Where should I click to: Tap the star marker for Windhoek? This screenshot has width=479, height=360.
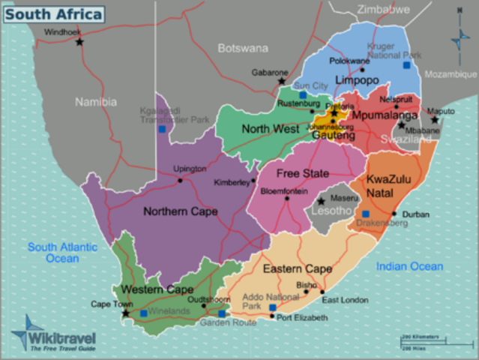click(x=80, y=42)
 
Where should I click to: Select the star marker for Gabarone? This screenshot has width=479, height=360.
click(x=282, y=81)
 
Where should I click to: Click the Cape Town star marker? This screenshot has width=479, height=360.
click(x=125, y=313)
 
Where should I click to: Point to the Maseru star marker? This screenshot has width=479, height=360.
click(x=321, y=201)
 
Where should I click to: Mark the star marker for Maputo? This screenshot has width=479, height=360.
click(x=434, y=119)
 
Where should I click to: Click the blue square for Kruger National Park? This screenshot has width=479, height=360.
click(x=406, y=65)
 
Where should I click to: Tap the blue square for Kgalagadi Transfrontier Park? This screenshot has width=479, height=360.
click(x=162, y=129)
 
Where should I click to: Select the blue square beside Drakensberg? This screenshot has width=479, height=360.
click(x=366, y=214)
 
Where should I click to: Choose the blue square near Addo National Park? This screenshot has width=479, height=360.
click(x=273, y=307)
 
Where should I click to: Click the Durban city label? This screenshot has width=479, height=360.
click(x=416, y=214)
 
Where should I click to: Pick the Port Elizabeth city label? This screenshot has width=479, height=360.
click(x=302, y=318)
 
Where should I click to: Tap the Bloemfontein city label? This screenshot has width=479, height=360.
click(x=284, y=191)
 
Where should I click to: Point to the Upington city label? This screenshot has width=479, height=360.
click(x=188, y=169)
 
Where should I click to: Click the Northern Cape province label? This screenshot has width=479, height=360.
click(x=180, y=211)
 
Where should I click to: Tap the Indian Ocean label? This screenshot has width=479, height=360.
click(x=409, y=266)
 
